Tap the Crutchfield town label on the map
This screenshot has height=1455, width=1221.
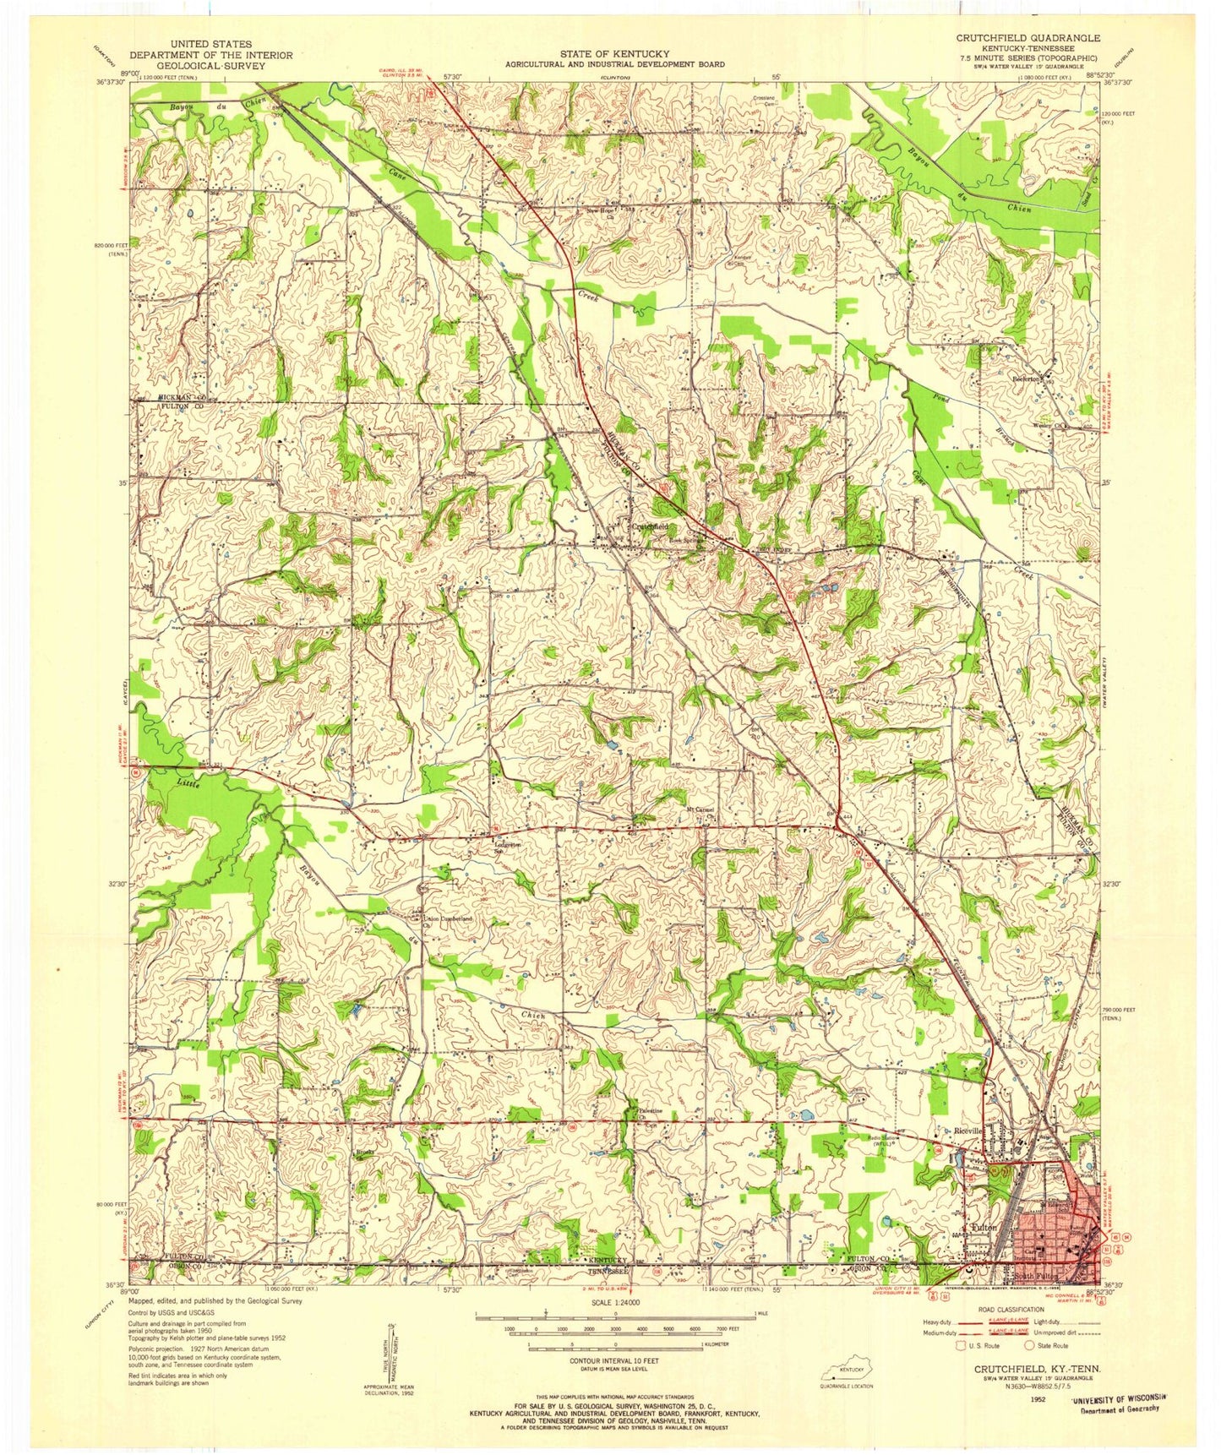(650, 526)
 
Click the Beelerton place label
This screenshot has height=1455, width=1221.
(1030, 379)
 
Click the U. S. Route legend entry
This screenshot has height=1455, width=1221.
(980, 1345)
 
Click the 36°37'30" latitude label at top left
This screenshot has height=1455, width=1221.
(110, 82)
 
